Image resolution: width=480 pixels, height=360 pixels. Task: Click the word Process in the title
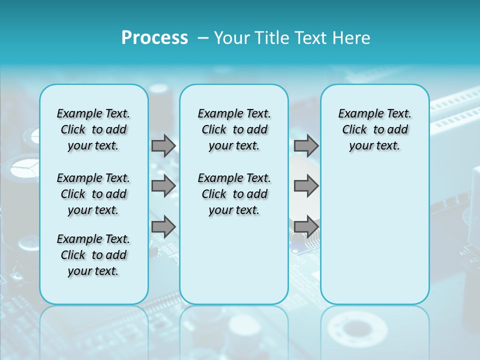(x=154, y=38)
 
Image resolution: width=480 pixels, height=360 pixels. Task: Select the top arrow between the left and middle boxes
(x=163, y=145)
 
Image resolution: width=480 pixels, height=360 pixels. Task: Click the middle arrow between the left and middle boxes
(x=163, y=186)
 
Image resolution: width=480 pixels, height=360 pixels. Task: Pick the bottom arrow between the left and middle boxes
(x=163, y=226)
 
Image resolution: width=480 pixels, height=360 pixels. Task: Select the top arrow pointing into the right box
(x=306, y=145)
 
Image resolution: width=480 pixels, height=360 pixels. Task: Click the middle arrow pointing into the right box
(x=306, y=186)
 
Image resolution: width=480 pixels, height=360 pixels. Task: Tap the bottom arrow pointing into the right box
(x=306, y=226)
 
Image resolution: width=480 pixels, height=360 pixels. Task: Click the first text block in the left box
(x=93, y=129)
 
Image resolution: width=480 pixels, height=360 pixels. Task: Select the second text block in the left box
(x=93, y=194)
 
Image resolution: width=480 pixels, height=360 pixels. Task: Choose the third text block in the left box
(x=93, y=255)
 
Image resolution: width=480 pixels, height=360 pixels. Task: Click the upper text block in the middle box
(x=234, y=129)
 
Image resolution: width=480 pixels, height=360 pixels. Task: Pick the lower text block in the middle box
(x=234, y=194)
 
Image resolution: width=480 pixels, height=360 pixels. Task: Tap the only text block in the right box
(x=374, y=129)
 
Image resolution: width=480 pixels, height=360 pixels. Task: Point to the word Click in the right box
(x=354, y=130)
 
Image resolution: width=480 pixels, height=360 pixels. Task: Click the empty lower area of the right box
(x=374, y=235)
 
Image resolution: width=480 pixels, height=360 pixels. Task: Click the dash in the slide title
(x=203, y=38)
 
